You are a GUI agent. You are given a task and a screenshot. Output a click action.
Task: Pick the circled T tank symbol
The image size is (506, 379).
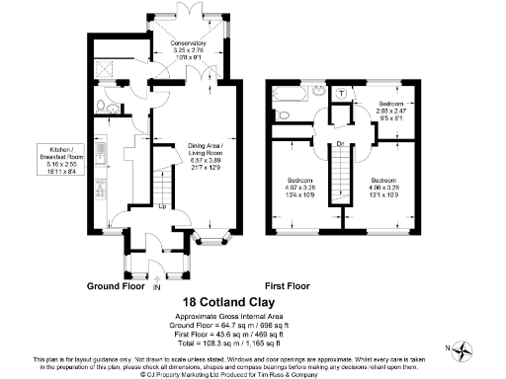pos(342,93)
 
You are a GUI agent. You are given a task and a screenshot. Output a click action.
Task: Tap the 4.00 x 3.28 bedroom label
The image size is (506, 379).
pos(384,188)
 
